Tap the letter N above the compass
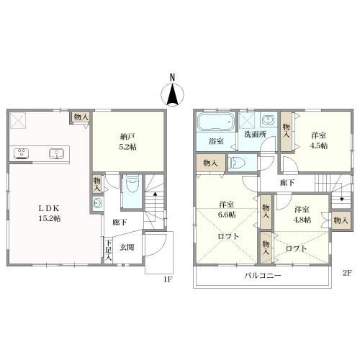tap(172, 77)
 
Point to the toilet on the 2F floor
tap(238, 163)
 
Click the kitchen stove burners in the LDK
tap(22, 153)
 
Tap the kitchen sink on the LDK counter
tap(57, 153)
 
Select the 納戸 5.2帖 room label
tap(128, 142)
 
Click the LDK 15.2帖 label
tap(50, 213)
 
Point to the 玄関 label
tap(127, 247)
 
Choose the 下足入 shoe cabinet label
tap(109, 251)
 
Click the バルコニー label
tap(263, 275)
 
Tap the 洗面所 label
tap(255, 135)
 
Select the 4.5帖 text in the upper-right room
tap(319, 145)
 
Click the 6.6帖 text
tap(227, 215)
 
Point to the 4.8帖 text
tap(302, 220)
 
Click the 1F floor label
tap(168, 279)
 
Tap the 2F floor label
tap(347, 273)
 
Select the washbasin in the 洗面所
tap(268, 120)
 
